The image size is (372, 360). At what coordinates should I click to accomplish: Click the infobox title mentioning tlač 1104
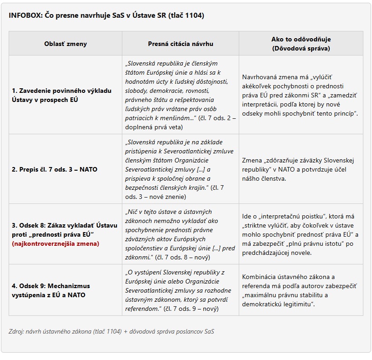click(106, 15)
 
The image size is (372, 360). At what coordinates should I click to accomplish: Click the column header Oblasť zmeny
click(65, 44)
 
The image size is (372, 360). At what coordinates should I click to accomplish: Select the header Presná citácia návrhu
click(180, 44)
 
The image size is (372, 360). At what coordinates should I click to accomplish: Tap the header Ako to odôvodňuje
click(301, 40)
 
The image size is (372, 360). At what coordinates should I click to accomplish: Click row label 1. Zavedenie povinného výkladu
click(61, 95)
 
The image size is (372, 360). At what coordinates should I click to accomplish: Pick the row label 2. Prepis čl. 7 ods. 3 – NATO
click(55, 169)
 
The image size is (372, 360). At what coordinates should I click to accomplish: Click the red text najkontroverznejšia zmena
click(55, 243)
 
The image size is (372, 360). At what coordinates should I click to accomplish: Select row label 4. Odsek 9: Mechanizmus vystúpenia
click(51, 290)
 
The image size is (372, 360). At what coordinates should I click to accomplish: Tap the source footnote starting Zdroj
click(111, 331)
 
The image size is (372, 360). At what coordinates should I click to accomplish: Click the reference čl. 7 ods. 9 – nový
click(190, 309)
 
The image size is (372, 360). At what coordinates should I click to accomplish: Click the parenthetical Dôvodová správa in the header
click(301, 48)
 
